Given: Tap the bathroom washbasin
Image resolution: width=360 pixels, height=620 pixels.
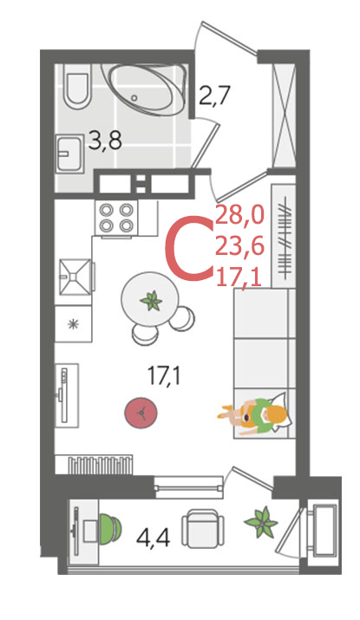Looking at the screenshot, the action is click(69, 153).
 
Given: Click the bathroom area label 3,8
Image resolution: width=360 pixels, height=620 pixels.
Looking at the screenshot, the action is click(105, 140).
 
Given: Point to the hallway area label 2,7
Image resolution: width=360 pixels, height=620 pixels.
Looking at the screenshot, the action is click(214, 95).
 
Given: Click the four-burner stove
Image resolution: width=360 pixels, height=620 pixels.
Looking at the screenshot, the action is click(115, 218).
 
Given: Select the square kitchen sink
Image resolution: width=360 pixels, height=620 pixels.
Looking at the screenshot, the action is click(75, 277).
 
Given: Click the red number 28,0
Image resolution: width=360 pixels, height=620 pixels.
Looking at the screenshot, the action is click(239, 216).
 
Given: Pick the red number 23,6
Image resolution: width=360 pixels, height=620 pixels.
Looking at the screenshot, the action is click(239, 247).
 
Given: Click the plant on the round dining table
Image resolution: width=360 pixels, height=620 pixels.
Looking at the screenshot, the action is click(151, 301).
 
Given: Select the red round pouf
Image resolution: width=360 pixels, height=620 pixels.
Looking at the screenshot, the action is click(141, 414).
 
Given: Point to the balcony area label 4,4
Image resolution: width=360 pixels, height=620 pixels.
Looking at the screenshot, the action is click(154, 538).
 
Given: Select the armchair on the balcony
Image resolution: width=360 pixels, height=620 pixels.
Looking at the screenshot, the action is click(202, 528).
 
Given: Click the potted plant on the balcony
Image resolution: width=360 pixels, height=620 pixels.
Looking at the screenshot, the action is click(261, 522).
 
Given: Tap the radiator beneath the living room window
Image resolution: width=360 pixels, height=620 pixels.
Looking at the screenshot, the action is click(100, 466).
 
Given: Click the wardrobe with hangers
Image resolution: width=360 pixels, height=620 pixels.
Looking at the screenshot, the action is click(284, 236).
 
